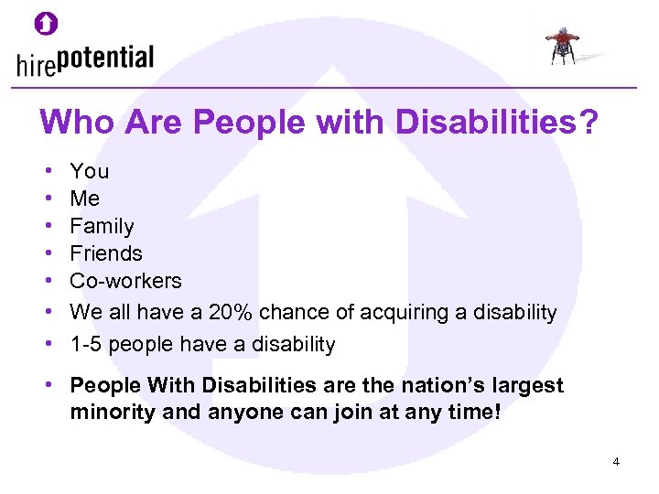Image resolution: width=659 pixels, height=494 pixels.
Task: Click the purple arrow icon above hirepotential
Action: (x=46, y=24)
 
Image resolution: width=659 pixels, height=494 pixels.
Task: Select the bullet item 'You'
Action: (x=89, y=171)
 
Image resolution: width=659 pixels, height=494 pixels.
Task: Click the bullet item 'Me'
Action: (x=85, y=199)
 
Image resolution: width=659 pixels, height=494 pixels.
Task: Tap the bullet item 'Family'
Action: (x=102, y=226)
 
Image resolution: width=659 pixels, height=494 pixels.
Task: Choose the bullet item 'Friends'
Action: (x=106, y=253)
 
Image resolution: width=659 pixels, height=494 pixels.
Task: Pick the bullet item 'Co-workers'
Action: (x=125, y=281)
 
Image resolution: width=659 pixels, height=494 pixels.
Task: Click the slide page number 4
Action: (x=616, y=462)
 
